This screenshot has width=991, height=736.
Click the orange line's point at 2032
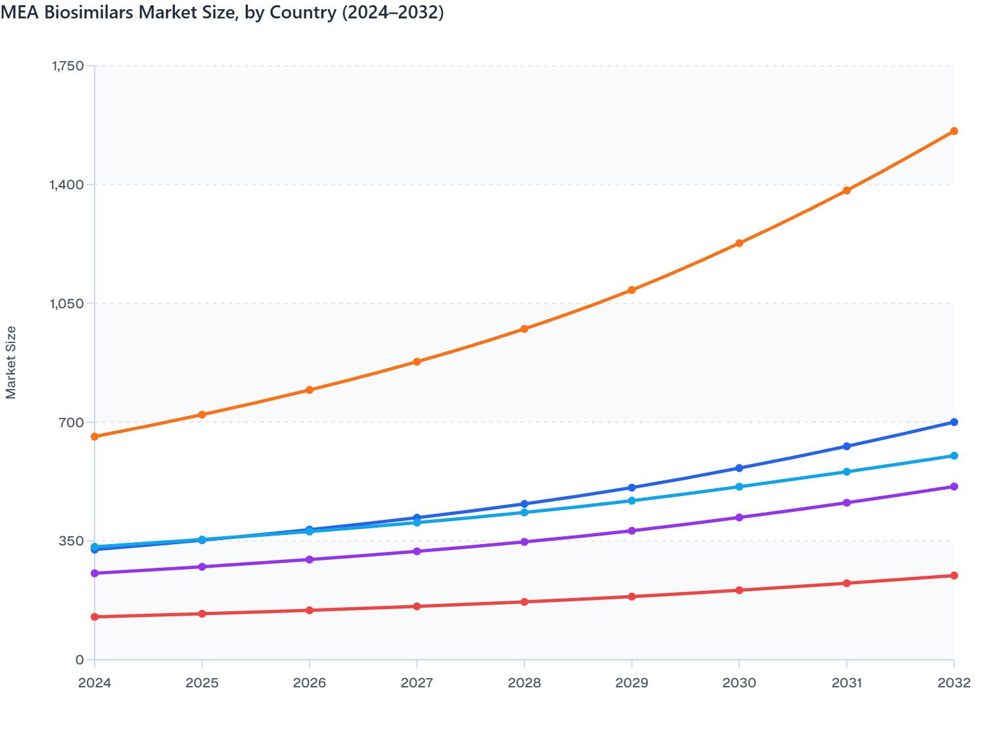pyautogui.click(x=954, y=131)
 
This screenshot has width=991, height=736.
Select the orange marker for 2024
pyautogui.click(x=95, y=436)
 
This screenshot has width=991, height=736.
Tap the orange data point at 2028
pyautogui.click(x=524, y=329)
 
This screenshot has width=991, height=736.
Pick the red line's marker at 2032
pyautogui.click(x=954, y=576)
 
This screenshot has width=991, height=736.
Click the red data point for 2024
pyautogui.click(x=95, y=616)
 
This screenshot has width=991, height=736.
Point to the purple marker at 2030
pyautogui.click(x=739, y=518)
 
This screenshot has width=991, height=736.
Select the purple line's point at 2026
pyautogui.click(x=310, y=559)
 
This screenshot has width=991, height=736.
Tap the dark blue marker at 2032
pyautogui.click(x=954, y=422)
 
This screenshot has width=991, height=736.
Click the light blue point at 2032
pyautogui.click(x=954, y=456)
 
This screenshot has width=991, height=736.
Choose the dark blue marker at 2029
pyautogui.click(x=632, y=488)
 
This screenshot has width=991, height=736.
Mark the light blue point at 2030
pyautogui.click(x=739, y=487)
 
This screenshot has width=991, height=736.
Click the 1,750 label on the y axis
pyautogui.click(x=67, y=66)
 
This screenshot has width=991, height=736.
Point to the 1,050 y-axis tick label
pyautogui.click(x=67, y=304)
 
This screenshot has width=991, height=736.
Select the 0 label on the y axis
pyautogui.click(x=80, y=660)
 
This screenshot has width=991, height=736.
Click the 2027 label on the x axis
pyautogui.click(x=417, y=683)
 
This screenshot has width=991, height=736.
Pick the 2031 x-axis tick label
pyautogui.click(x=846, y=683)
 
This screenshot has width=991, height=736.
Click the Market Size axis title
pyautogui.click(x=11, y=362)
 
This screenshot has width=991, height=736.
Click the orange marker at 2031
pyautogui.click(x=846, y=191)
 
